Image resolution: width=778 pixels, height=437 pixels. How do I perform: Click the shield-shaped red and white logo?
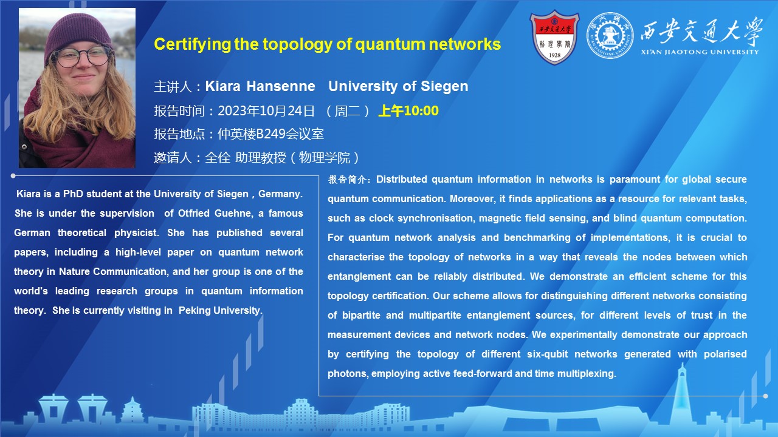tap(554, 37)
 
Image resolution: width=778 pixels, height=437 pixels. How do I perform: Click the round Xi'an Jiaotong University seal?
tap(610, 35)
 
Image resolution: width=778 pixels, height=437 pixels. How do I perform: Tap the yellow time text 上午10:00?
tap(408, 110)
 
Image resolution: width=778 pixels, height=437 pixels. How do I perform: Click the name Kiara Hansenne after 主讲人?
tap(260, 86)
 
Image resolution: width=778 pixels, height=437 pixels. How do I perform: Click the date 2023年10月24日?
tap(266, 111)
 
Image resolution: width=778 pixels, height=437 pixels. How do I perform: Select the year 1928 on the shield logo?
tap(555, 55)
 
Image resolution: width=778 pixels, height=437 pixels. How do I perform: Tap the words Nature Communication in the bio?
tap(112, 271)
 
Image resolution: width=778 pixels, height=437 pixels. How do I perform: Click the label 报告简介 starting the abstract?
tap(347, 179)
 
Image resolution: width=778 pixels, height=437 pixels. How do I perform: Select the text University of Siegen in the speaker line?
tap(398, 86)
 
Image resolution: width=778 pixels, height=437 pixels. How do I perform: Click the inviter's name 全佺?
tap(218, 158)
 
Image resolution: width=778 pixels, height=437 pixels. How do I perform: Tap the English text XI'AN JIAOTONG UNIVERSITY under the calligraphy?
tap(700, 52)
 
